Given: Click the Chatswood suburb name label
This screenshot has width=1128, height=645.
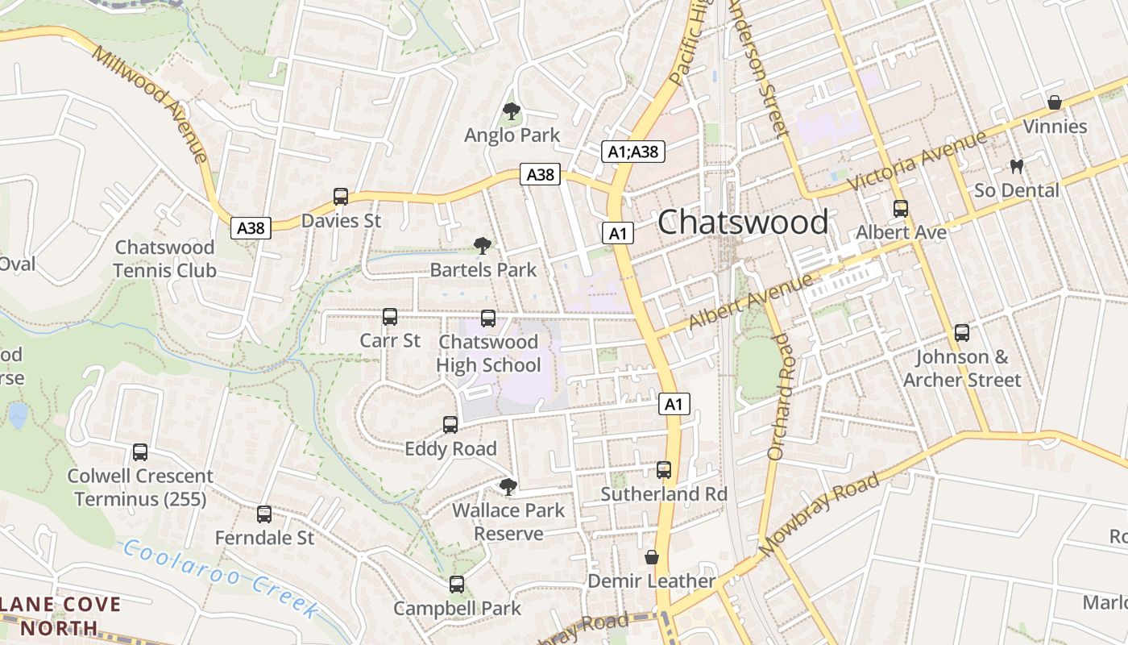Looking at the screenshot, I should pyautogui.click(x=742, y=222).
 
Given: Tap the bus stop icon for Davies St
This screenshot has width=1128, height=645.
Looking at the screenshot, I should pyautogui.click(x=341, y=197).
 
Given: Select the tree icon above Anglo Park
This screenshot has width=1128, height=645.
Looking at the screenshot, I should pyautogui.click(x=511, y=111).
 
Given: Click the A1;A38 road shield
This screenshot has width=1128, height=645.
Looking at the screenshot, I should pyautogui.click(x=632, y=151).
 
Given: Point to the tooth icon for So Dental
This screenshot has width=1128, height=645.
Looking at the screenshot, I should pyautogui.click(x=1016, y=166).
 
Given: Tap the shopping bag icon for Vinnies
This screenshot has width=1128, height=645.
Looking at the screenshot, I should pyautogui.click(x=1054, y=102).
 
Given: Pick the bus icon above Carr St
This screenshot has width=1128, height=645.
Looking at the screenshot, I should pyautogui.click(x=390, y=317).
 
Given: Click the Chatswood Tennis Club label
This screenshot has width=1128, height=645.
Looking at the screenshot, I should pyautogui.click(x=164, y=259).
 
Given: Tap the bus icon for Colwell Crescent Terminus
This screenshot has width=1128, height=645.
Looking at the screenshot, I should pyautogui.click(x=140, y=452).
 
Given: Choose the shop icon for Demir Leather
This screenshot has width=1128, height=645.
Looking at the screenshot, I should pyautogui.click(x=651, y=557).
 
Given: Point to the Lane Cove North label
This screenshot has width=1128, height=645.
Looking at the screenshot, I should pyautogui.click(x=60, y=616).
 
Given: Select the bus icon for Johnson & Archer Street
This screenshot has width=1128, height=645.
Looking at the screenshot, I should pyautogui.click(x=961, y=332).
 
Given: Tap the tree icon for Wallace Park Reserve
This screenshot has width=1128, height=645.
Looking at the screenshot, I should pyautogui.click(x=508, y=486).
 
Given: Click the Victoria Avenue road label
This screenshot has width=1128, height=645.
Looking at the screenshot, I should pyautogui.click(x=918, y=161).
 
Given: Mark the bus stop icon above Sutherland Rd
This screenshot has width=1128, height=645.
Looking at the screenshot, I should pyautogui.click(x=664, y=469).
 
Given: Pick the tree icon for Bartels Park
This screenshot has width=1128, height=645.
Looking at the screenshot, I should pyautogui.click(x=483, y=246).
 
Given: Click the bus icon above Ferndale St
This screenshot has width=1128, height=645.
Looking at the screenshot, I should pyautogui.click(x=264, y=514).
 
